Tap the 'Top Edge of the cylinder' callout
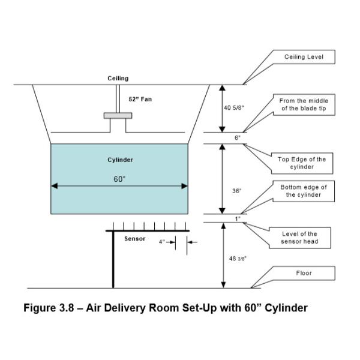(x=304, y=163)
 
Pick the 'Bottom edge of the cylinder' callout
(x=304, y=191)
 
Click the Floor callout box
(x=304, y=274)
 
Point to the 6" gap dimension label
(x=238, y=138)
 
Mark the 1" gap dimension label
(x=238, y=218)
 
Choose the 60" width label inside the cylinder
(x=119, y=179)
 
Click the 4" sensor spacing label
(x=161, y=242)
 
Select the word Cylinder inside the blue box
(x=120, y=160)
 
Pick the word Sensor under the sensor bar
(x=135, y=239)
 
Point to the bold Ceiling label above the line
(x=118, y=79)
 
